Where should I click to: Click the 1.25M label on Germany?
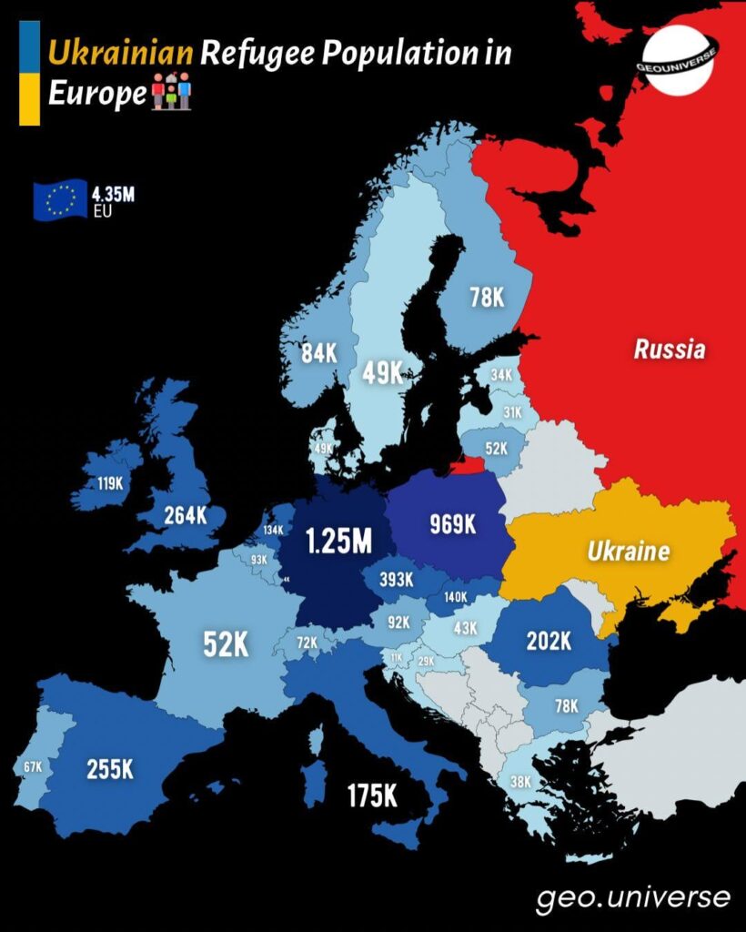pyautogui.click(x=338, y=542)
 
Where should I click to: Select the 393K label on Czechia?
pyautogui.click(x=396, y=579)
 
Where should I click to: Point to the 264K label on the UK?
pyautogui.click(x=186, y=515)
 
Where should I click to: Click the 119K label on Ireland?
pyautogui.click(x=110, y=483)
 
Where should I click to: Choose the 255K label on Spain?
pyautogui.click(x=110, y=769)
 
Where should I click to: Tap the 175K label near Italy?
pyautogui.click(x=372, y=795)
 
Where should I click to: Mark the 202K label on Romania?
pyautogui.click(x=549, y=641)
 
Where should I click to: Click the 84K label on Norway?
pyautogui.click(x=319, y=354)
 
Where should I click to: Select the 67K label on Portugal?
pyautogui.click(x=33, y=767)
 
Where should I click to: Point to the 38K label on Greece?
pyautogui.click(x=520, y=781)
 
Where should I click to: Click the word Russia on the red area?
pyautogui.click(x=670, y=349)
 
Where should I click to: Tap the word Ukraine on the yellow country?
pyautogui.click(x=628, y=551)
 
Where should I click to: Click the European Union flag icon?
pyautogui.click(x=60, y=200)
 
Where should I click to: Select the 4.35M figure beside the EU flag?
pyautogui.click(x=113, y=194)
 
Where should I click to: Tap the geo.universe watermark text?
pyautogui.click(x=632, y=897)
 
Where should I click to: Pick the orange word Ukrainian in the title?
pyautogui.click(x=120, y=54)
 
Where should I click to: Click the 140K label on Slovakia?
pyautogui.click(x=456, y=598)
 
